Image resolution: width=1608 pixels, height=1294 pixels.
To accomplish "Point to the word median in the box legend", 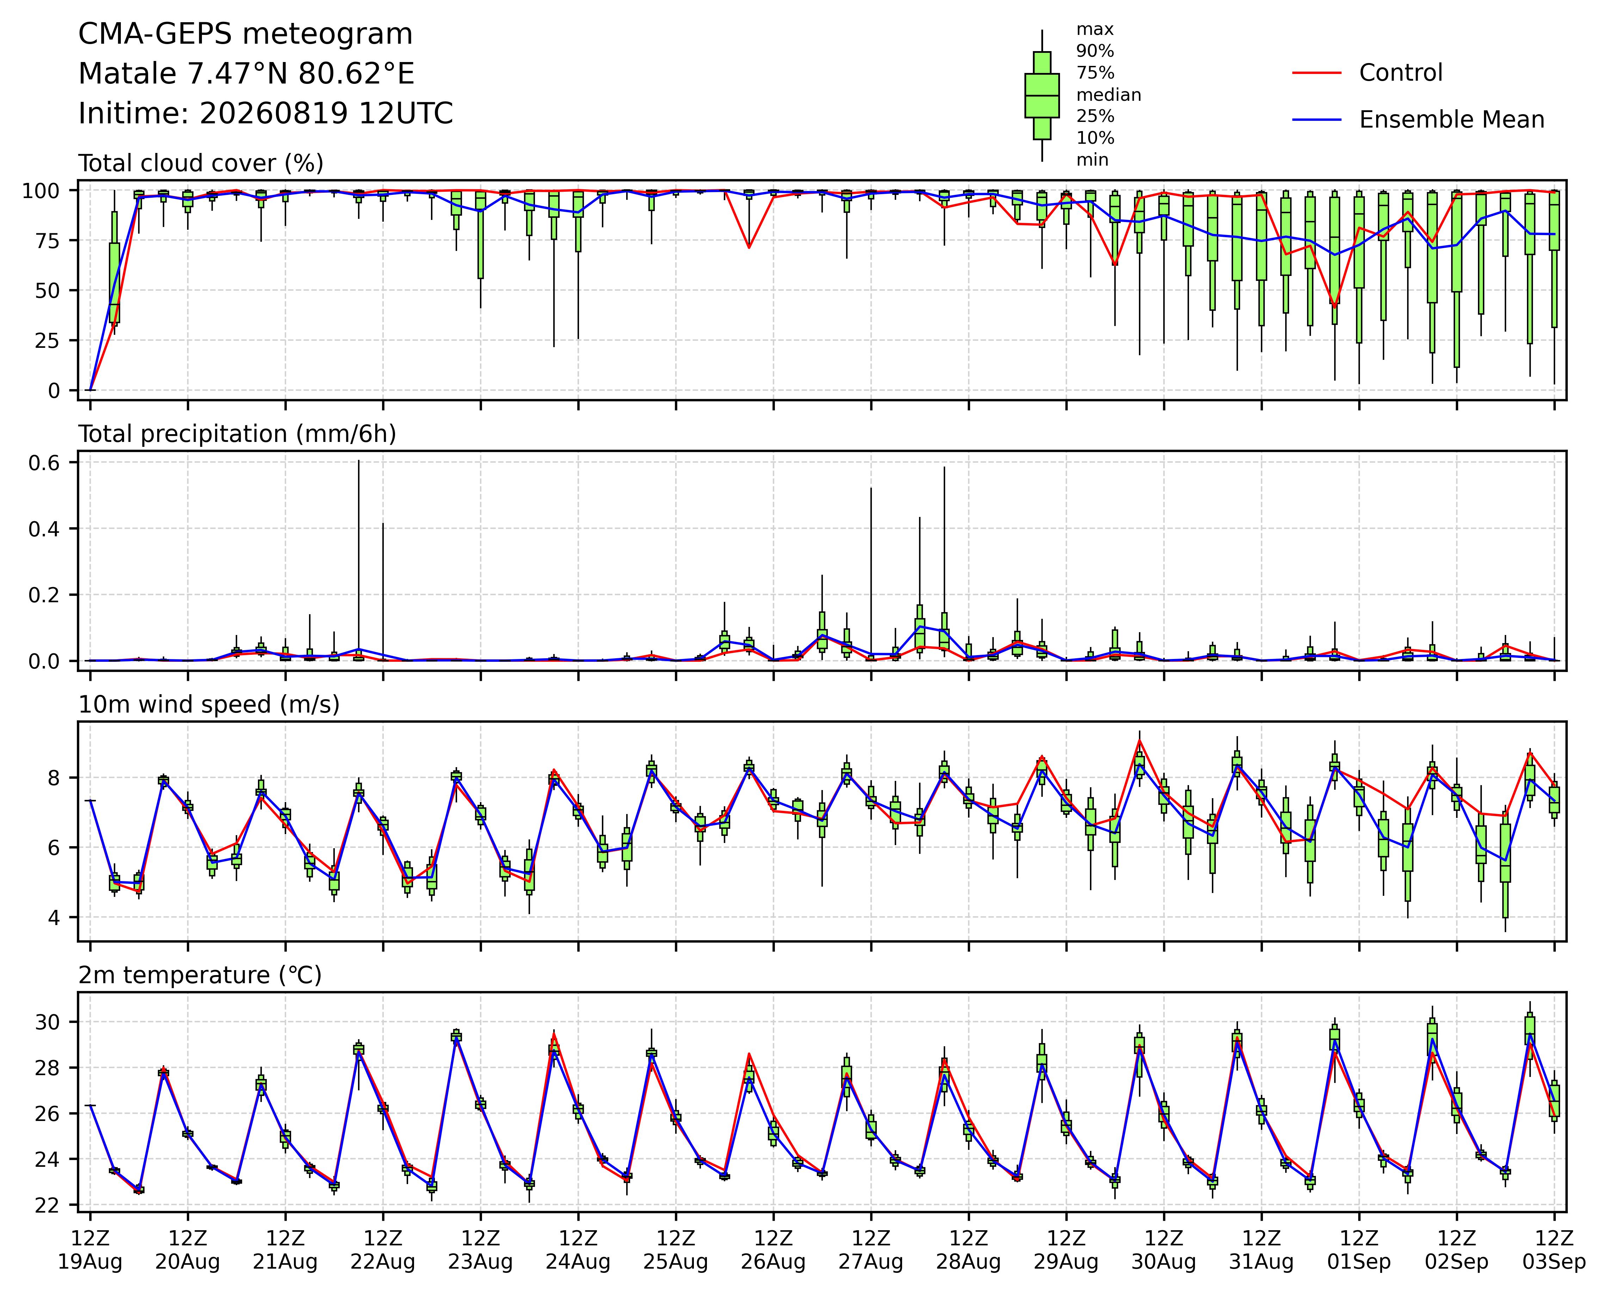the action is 1108,95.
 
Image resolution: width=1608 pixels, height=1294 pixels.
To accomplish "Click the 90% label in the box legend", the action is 1095,51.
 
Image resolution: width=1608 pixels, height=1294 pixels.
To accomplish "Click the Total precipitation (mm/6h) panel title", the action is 237,434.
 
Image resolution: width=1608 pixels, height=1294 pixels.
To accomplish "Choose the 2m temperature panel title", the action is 200,975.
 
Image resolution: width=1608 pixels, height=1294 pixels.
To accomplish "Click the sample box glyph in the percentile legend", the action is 1042,95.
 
